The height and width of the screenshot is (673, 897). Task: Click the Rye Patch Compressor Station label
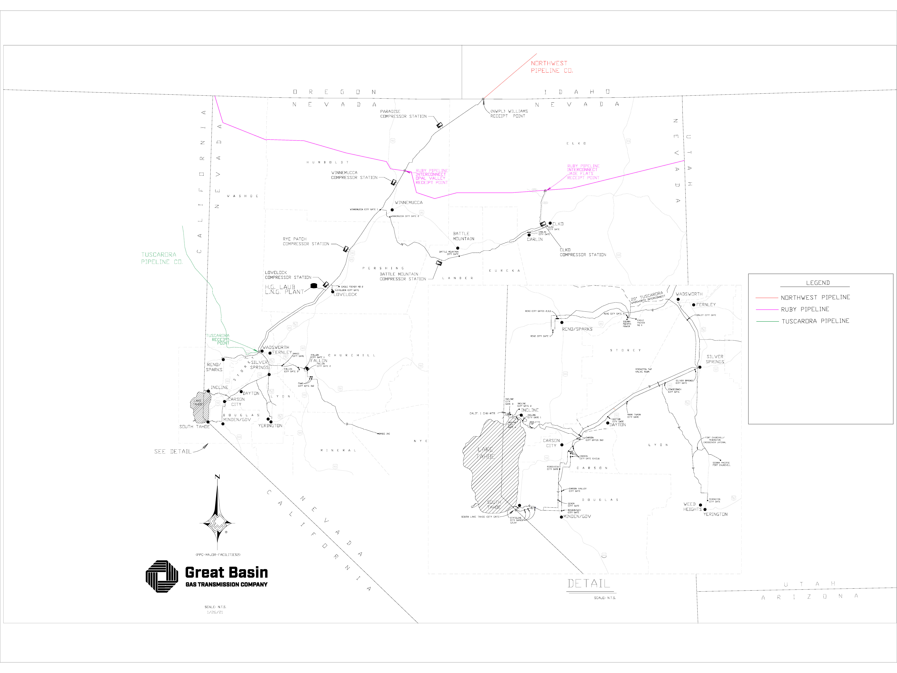pos(306,241)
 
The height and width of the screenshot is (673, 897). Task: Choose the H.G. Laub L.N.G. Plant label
pos(284,289)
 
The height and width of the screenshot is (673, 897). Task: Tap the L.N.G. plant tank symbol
pos(313,286)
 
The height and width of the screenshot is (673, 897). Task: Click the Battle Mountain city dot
pos(457,248)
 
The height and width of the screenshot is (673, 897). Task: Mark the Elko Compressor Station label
pos(583,252)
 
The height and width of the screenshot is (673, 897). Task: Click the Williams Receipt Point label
pos(509,114)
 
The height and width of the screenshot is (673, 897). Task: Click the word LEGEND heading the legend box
pos(818,283)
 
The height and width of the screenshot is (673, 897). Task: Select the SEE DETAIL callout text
pos(172,452)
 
